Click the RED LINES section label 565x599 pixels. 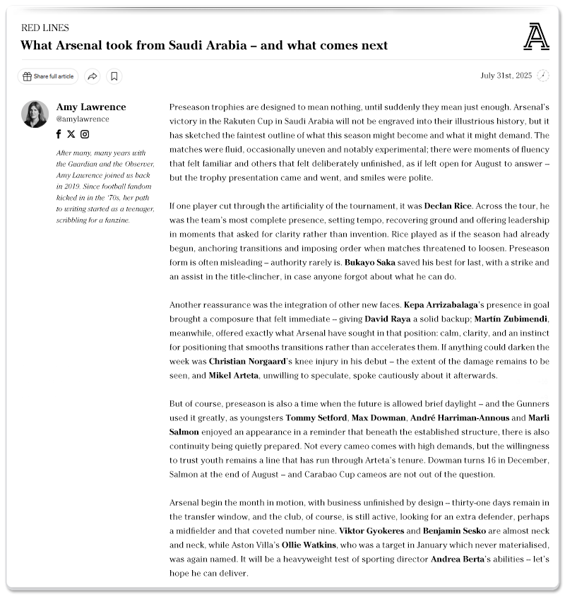(x=45, y=28)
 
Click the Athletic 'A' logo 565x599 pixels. (x=536, y=37)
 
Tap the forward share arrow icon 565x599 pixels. (x=92, y=76)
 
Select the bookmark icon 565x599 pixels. (x=114, y=76)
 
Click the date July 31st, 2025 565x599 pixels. (x=506, y=76)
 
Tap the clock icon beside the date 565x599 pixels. (x=543, y=76)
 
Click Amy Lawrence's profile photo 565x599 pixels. (x=35, y=114)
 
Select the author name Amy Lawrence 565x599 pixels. (x=91, y=107)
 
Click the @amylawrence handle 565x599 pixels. (x=83, y=119)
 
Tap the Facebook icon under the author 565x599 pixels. (x=59, y=134)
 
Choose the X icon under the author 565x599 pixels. (x=71, y=134)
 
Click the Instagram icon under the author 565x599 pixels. (x=84, y=134)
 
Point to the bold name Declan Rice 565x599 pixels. (x=447, y=206)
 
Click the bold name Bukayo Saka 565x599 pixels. (x=370, y=262)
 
